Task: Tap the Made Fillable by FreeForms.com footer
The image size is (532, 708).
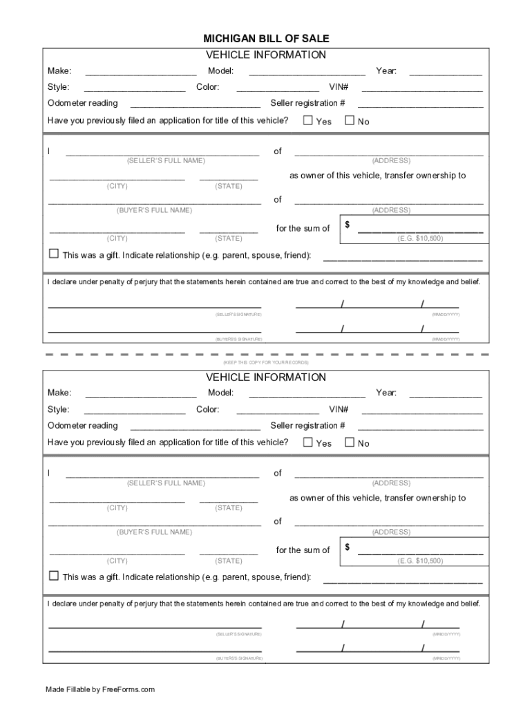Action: pos(100,689)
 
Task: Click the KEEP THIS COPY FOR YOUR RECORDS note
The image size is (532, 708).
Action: pos(265,362)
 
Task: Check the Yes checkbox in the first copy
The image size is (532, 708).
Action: pos(308,120)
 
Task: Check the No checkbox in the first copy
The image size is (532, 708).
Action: pos(349,120)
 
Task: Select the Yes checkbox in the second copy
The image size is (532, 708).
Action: pos(308,442)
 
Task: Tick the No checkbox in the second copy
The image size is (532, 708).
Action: pos(349,442)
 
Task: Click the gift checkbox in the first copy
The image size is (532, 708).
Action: pos(54,254)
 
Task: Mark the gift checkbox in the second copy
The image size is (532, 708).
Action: pos(54,576)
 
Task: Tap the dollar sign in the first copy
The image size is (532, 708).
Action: pos(348,225)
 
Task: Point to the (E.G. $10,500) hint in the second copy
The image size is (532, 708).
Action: pos(420,561)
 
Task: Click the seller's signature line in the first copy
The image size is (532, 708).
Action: pos(155,305)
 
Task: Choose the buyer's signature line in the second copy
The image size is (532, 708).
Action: pos(155,650)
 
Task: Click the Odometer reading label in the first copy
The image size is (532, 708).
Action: pos(83,103)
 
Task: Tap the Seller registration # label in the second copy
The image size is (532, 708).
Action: pos(307,426)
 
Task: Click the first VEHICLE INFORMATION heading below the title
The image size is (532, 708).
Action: pos(265,55)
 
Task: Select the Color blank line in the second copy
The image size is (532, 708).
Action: pos(278,412)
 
